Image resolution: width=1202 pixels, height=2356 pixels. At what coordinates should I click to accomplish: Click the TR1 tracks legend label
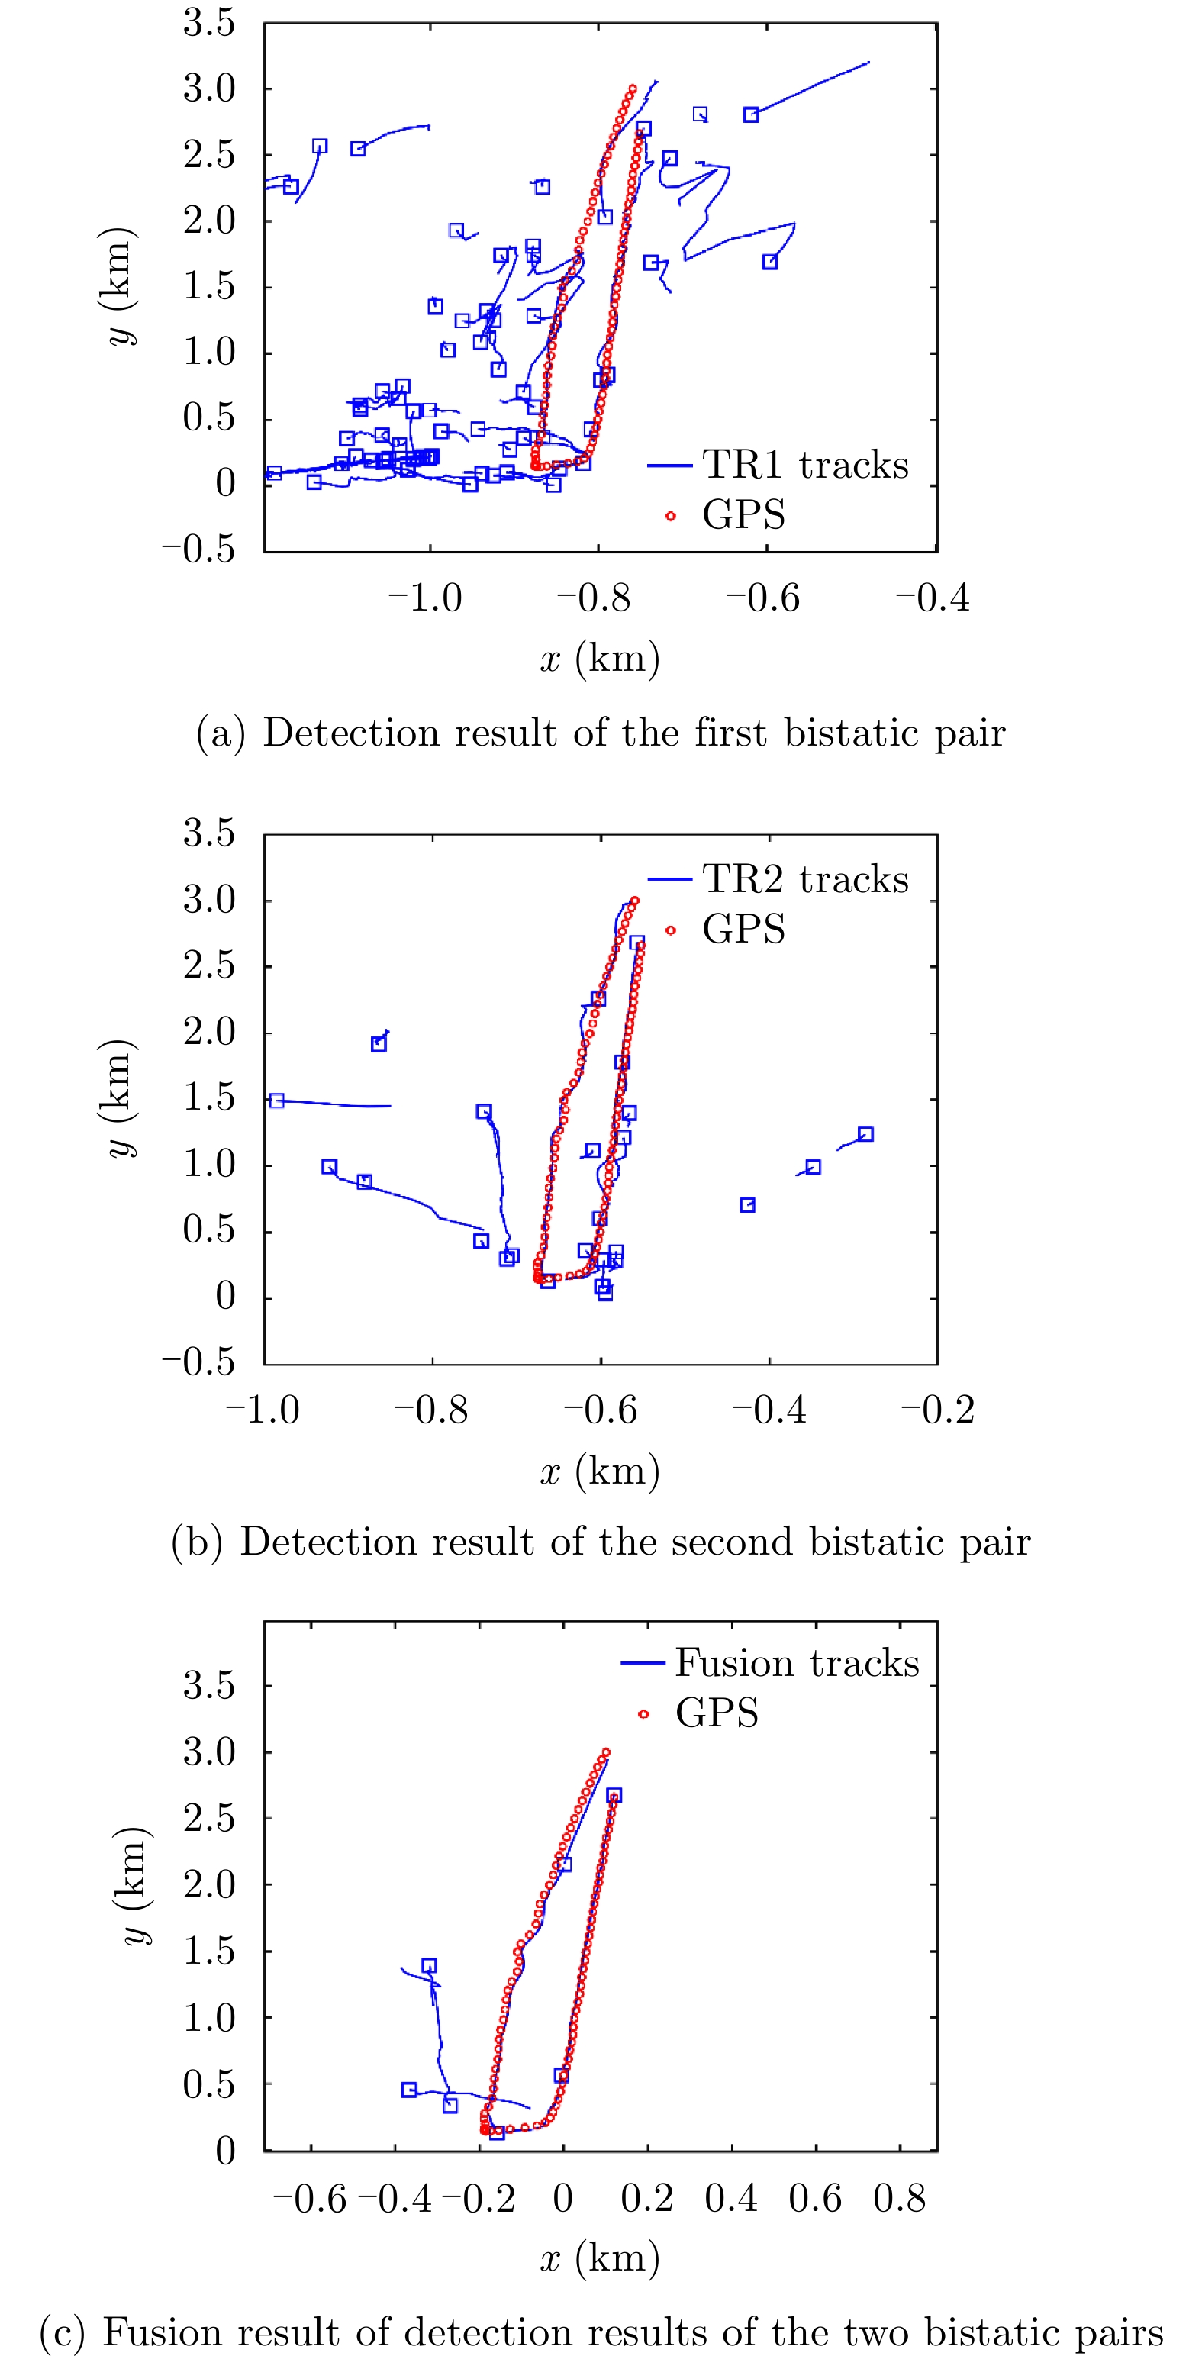coord(805,466)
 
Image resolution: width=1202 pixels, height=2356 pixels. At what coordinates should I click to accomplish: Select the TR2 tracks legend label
coord(805,880)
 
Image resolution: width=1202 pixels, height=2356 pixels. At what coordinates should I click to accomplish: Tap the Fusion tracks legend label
coord(797,1663)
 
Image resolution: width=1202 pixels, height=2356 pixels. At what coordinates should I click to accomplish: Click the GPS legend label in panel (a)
coord(743,515)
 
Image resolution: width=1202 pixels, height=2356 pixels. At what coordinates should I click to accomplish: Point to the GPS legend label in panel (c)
coord(717,1713)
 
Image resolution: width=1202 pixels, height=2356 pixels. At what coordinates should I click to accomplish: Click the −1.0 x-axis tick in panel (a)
coord(425,599)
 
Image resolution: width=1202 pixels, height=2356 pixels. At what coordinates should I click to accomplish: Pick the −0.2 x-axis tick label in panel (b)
coord(938,1410)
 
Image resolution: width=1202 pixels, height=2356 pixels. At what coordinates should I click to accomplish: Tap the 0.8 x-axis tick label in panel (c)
coord(899,2198)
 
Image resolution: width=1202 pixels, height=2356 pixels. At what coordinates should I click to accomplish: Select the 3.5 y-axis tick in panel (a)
coord(209,24)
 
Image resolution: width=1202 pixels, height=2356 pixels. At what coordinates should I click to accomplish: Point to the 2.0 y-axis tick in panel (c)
coord(209,1885)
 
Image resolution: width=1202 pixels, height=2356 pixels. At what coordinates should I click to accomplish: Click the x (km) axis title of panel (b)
coord(600,1471)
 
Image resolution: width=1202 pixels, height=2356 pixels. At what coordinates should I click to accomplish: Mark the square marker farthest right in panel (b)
coord(865,1134)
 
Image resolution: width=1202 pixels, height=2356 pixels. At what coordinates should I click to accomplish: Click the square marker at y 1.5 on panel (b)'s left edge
coord(276,1101)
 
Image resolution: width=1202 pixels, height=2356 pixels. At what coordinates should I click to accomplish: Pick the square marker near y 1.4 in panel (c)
coord(429,1965)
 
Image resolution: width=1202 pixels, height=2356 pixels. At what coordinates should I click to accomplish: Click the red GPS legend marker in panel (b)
coord(671,930)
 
